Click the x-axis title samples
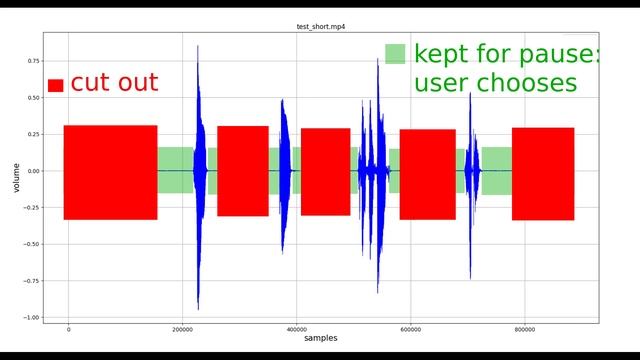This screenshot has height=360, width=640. tap(320, 338)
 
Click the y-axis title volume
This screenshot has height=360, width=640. tap(15, 178)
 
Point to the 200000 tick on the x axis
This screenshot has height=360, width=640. tap(183, 327)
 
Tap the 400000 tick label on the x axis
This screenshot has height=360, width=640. tap(297, 327)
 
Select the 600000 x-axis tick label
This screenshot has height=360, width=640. tap(411, 327)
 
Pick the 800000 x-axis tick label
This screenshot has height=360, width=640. tap(525, 327)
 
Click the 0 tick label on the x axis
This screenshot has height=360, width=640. tap(68, 327)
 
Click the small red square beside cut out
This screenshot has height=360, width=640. tap(55, 86)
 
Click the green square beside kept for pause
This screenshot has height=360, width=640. tap(396, 54)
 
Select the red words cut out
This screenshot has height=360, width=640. tap(114, 82)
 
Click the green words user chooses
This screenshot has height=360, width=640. tap(495, 83)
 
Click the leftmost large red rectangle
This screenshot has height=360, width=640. tap(110, 172)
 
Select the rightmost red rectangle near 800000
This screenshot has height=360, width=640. tap(543, 173)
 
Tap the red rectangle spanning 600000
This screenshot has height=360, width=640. tap(427, 174)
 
